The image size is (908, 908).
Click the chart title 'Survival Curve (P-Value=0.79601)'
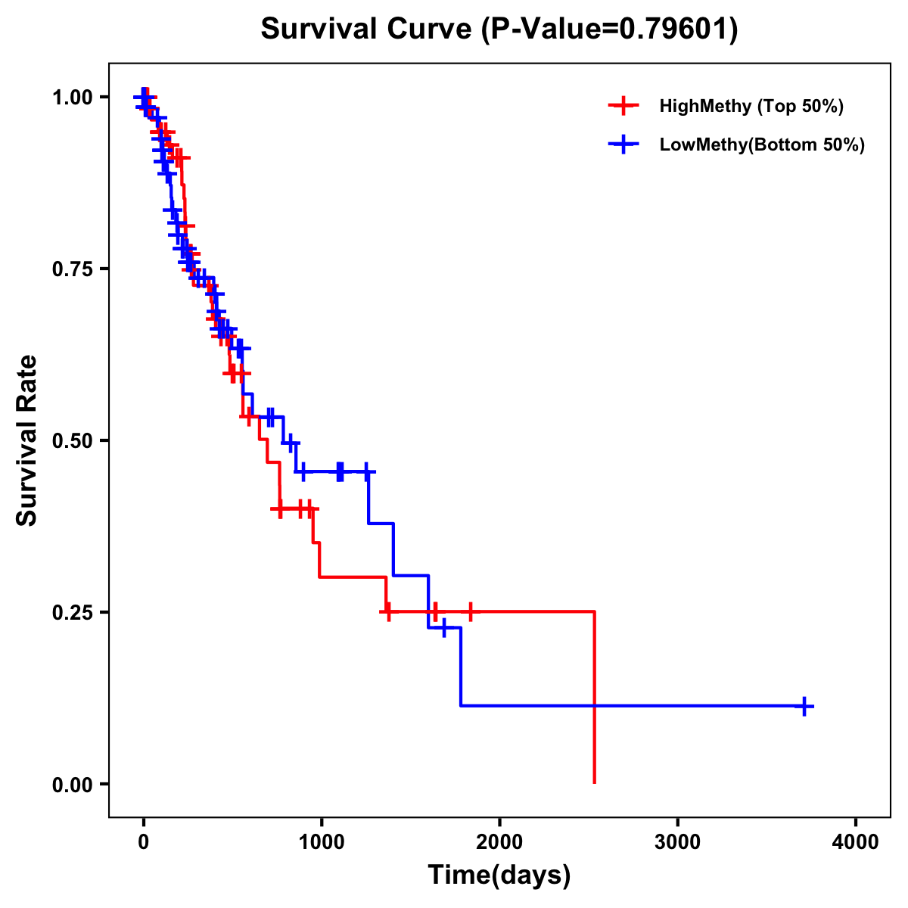[x=499, y=30]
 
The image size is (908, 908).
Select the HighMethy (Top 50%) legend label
[x=751, y=106]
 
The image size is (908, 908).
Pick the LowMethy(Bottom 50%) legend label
[x=762, y=145]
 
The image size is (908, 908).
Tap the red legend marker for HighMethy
[x=623, y=106]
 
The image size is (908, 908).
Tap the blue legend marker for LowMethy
[x=623, y=145]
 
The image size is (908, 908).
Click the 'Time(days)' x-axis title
[x=499, y=875]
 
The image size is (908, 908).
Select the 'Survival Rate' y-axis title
[x=27, y=440]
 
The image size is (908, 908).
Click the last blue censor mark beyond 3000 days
[x=804, y=706]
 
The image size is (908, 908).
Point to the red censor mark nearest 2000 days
[x=470, y=611]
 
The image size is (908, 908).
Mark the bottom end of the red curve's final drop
[x=595, y=782]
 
